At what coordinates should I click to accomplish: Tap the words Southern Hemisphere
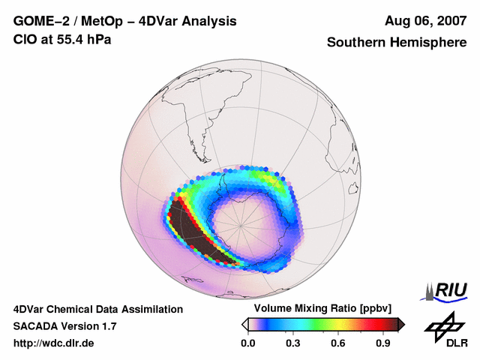pyautogui.click(x=396, y=43)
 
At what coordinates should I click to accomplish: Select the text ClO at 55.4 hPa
pyautogui.click(x=62, y=40)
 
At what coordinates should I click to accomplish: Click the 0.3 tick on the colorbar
pyautogui.click(x=293, y=343)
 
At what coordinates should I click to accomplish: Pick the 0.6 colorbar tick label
pyautogui.click(x=339, y=343)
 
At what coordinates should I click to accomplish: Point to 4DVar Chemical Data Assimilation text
pyautogui.click(x=97, y=309)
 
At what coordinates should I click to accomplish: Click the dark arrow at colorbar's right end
pyautogui.click(x=401, y=324)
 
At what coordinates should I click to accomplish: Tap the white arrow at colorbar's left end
pyautogui.click(x=244, y=324)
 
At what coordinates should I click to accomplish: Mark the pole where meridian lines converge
pyautogui.click(x=241, y=222)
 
